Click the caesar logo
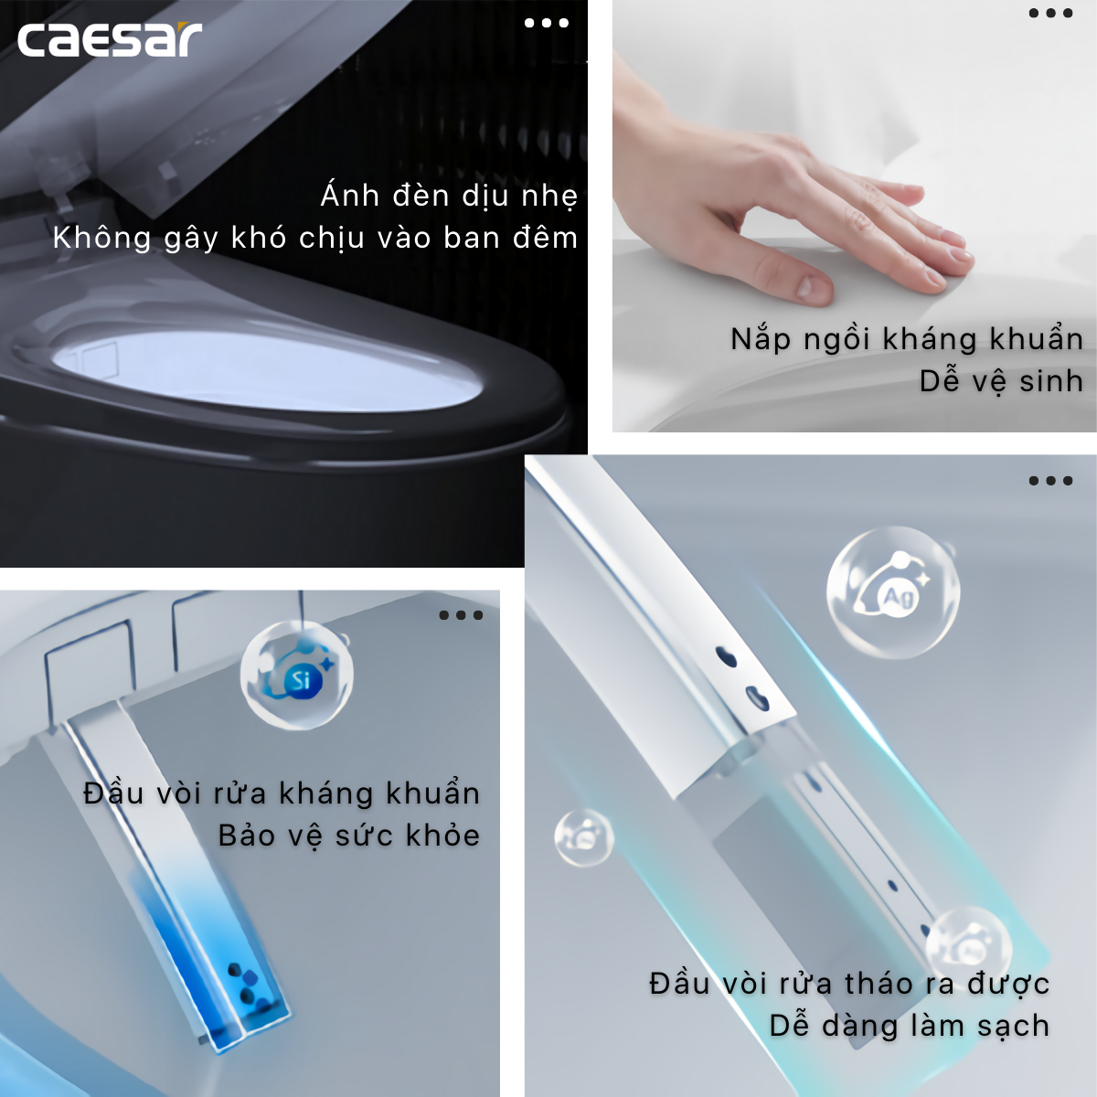(110, 39)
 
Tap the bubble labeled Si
(297, 676)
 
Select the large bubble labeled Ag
(893, 592)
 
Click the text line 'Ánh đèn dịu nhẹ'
(449, 196)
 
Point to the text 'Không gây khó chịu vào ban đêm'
(315, 238)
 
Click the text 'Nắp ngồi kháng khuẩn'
(907, 339)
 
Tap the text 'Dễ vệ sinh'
(1001, 381)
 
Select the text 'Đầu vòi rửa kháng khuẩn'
(282, 793)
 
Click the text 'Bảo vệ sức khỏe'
(349, 836)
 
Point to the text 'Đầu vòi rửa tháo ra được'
(849, 984)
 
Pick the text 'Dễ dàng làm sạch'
(910, 1026)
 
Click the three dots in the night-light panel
(547, 23)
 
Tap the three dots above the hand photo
(1050, 13)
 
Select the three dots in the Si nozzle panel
(461, 615)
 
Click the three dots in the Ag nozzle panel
(1050, 481)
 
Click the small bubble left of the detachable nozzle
(583, 837)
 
